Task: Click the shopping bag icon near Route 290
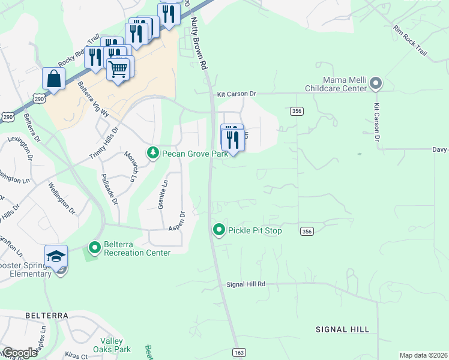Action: tap(53, 79)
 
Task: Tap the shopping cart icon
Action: tap(118, 69)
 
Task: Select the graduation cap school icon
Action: tap(56, 256)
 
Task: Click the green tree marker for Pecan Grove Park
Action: tap(153, 154)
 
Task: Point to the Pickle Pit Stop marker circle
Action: tap(219, 230)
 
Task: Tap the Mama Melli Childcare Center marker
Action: tap(376, 83)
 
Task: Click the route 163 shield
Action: tap(240, 353)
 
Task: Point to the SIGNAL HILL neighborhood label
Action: tap(340, 329)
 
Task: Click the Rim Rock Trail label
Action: tap(410, 41)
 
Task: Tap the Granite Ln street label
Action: tap(162, 194)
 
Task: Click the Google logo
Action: tap(19, 353)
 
